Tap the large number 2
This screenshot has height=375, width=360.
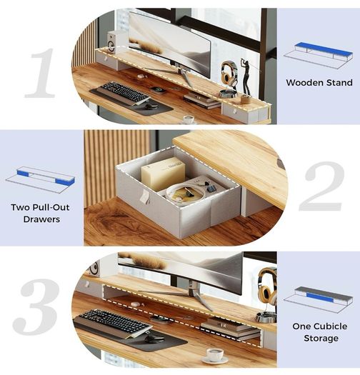pos(321,186)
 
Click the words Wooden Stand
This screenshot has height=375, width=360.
pos(319,83)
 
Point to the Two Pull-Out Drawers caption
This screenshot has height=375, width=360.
pos(41,213)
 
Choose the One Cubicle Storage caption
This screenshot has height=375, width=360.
pos(320,332)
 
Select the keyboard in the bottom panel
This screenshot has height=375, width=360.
pos(114,321)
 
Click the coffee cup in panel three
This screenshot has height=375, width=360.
pos(215,356)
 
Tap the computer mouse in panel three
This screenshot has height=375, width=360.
pos(154,339)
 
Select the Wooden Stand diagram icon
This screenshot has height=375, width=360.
pos(318,56)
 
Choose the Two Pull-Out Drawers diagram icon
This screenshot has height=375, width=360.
pos(40,178)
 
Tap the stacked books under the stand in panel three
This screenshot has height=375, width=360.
pos(229,328)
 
